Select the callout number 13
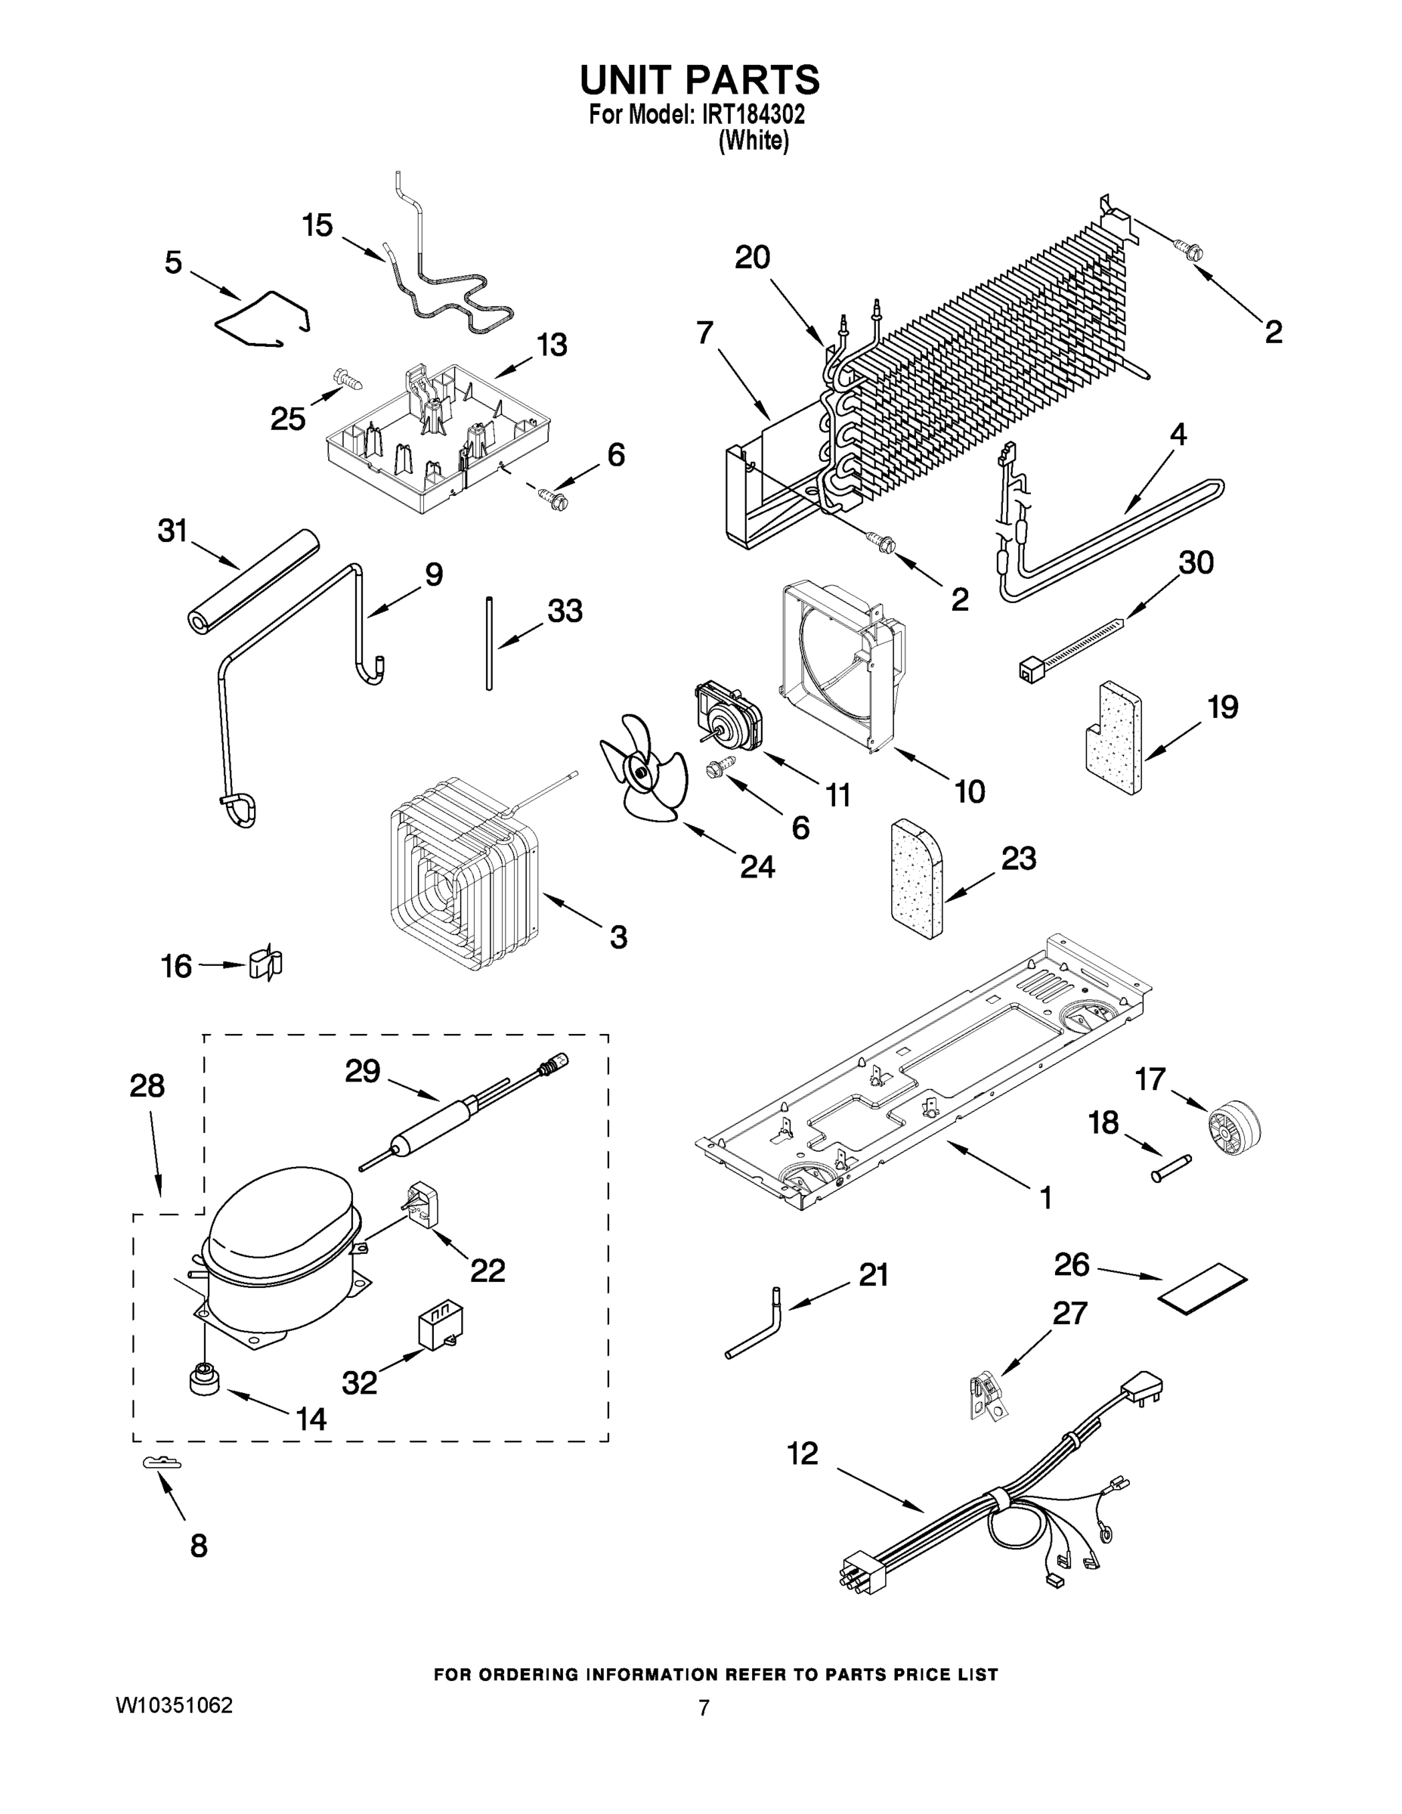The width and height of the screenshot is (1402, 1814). click(x=552, y=345)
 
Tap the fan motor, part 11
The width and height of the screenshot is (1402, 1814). click(x=729, y=715)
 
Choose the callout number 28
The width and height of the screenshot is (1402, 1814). click(x=147, y=1085)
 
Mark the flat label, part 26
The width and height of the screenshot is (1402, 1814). click(x=1203, y=1288)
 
